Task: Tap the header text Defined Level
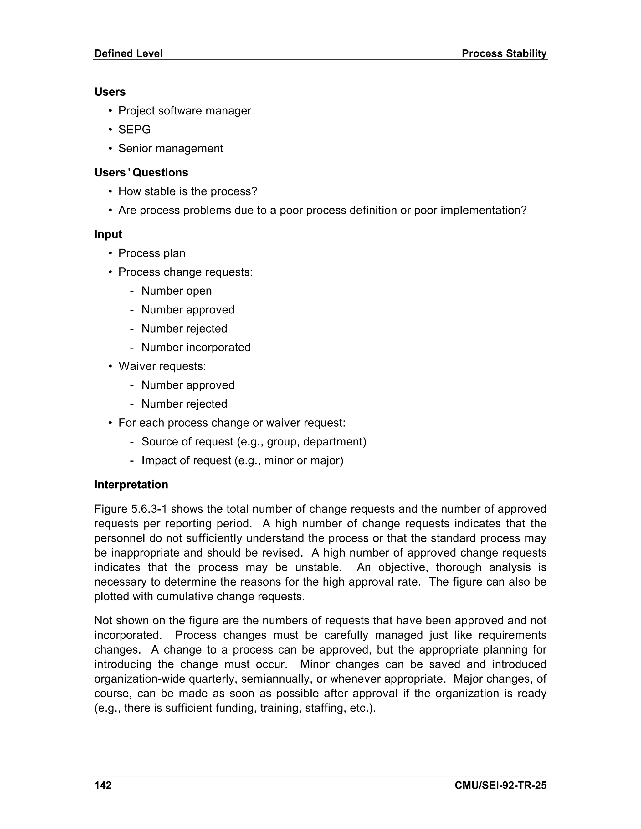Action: pos(128,53)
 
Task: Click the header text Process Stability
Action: pos(504,53)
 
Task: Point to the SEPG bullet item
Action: pos(134,130)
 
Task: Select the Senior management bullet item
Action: pos(171,148)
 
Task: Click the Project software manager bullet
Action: pos(185,111)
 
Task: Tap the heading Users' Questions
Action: pos(141,173)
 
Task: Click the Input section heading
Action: pos(108,234)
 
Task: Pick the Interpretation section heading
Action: pos(131,485)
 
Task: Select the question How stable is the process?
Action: pos(187,191)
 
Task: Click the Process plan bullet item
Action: pos(151,253)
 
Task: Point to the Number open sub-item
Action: pos(177,291)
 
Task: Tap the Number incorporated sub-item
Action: pos(196,348)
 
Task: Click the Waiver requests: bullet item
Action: pos(162,366)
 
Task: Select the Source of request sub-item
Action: pos(254,442)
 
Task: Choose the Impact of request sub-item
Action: pos(242,461)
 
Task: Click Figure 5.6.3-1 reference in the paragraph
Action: pos(131,509)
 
